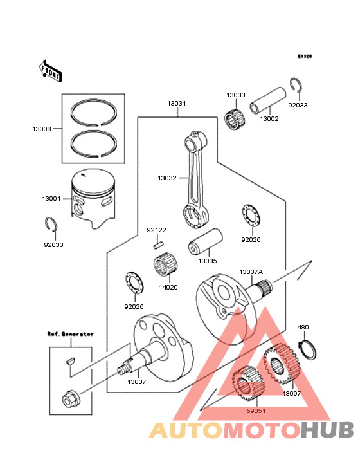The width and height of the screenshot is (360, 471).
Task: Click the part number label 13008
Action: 42,129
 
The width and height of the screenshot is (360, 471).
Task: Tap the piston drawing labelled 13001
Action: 93,199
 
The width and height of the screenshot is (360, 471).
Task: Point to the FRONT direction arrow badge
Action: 51,71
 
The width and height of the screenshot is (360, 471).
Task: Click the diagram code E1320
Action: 304,57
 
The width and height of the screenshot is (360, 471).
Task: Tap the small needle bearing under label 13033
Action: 235,119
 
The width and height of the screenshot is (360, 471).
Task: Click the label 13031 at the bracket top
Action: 177,104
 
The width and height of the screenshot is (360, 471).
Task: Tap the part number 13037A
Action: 251,272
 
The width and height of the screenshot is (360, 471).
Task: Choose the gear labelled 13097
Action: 282,366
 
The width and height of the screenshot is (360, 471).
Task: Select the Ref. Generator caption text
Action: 70,334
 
